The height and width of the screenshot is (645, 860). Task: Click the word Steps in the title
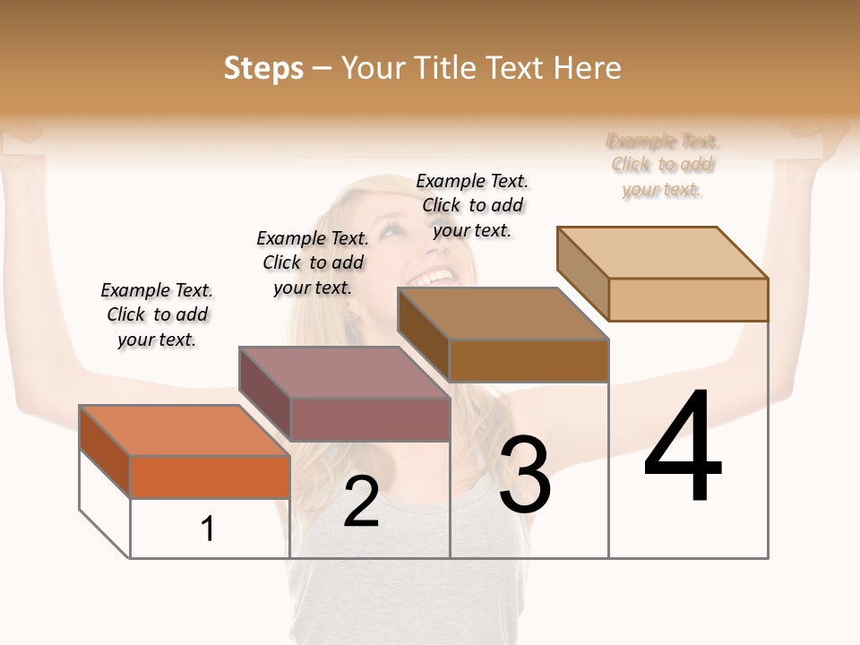(263, 68)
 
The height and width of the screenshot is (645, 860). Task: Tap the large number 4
(683, 448)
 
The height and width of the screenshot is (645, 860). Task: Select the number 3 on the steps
(524, 475)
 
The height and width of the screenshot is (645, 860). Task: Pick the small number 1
(207, 529)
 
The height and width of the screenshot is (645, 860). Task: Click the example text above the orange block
(157, 314)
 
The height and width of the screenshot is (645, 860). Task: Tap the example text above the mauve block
(313, 262)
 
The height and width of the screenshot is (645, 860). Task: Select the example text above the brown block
(472, 205)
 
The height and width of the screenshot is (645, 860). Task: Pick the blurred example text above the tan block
(663, 165)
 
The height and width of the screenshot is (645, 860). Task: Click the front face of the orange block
(210, 477)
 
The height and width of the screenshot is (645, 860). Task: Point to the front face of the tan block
(688, 299)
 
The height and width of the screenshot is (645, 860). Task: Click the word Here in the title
(588, 68)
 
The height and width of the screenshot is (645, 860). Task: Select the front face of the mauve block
(369, 419)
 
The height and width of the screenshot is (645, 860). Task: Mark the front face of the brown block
(529, 360)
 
